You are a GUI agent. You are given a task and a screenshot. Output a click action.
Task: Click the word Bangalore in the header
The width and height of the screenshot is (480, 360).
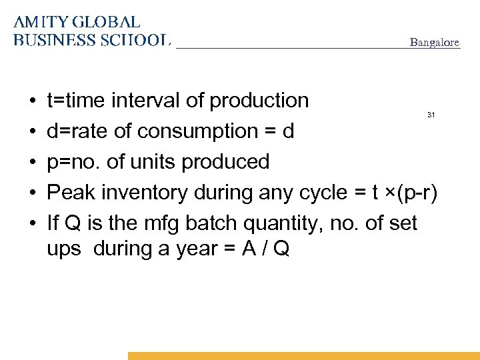click(x=434, y=43)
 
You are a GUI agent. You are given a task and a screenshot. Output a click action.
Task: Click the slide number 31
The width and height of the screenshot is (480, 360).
click(x=431, y=115)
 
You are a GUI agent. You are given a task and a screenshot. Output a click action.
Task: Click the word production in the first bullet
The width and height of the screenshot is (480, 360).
click(x=259, y=101)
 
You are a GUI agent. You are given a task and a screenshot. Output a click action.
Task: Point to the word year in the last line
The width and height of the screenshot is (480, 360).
click(x=200, y=249)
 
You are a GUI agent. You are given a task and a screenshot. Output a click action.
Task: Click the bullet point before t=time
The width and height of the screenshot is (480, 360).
click(x=33, y=101)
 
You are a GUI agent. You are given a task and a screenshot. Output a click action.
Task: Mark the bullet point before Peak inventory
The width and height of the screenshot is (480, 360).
click(x=33, y=193)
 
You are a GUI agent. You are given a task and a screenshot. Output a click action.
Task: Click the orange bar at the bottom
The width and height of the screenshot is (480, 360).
click(x=303, y=356)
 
